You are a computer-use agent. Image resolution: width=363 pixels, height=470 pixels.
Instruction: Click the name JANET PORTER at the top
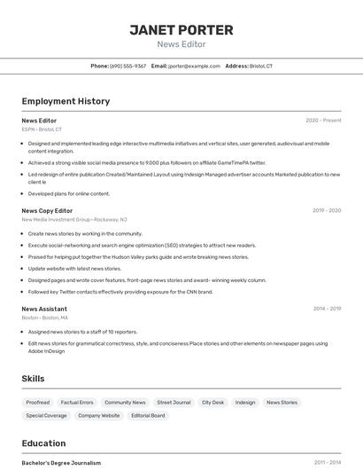click(x=181, y=30)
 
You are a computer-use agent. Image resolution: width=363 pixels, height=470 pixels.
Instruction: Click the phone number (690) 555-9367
click(x=127, y=66)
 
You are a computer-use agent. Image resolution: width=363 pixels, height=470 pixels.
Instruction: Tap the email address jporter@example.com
click(x=194, y=66)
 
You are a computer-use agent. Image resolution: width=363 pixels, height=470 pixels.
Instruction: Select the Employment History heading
click(x=66, y=101)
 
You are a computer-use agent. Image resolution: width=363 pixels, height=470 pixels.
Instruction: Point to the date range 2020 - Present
click(x=323, y=121)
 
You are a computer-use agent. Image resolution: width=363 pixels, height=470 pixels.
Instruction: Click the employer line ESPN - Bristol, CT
click(x=42, y=129)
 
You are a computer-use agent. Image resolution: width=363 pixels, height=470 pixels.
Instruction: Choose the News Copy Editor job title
click(x=47, y=211)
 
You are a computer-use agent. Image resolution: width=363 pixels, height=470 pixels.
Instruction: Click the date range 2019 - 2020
click(x=327, y=211)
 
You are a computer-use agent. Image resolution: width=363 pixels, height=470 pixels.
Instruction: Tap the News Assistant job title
click(x=44, y=309)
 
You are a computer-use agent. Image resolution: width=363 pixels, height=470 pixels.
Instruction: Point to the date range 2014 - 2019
click(x=327, y=309)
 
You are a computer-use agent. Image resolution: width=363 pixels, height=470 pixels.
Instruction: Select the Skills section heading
click(x=33, y=379)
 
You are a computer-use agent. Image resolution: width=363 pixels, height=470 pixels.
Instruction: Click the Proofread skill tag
click(x=37, y=403)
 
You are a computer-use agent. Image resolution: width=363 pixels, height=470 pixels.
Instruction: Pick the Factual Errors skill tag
click(x=77, y=403)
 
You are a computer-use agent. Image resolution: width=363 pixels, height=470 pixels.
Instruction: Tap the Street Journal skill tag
click(x=174, y=403)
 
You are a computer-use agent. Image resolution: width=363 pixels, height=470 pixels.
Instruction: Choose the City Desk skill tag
click(x=212, y=403)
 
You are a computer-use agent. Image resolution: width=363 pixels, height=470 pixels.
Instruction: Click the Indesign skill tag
click(x=245, y=403)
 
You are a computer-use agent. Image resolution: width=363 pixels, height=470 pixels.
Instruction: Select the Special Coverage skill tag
click(x=46, y=415)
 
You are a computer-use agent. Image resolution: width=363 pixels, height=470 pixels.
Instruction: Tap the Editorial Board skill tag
click(x=148, y=415)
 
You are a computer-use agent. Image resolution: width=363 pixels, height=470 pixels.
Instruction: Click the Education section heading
click(x=43, y=443)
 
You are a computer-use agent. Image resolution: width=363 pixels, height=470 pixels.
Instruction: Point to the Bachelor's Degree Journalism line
click(x=61, y=463)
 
